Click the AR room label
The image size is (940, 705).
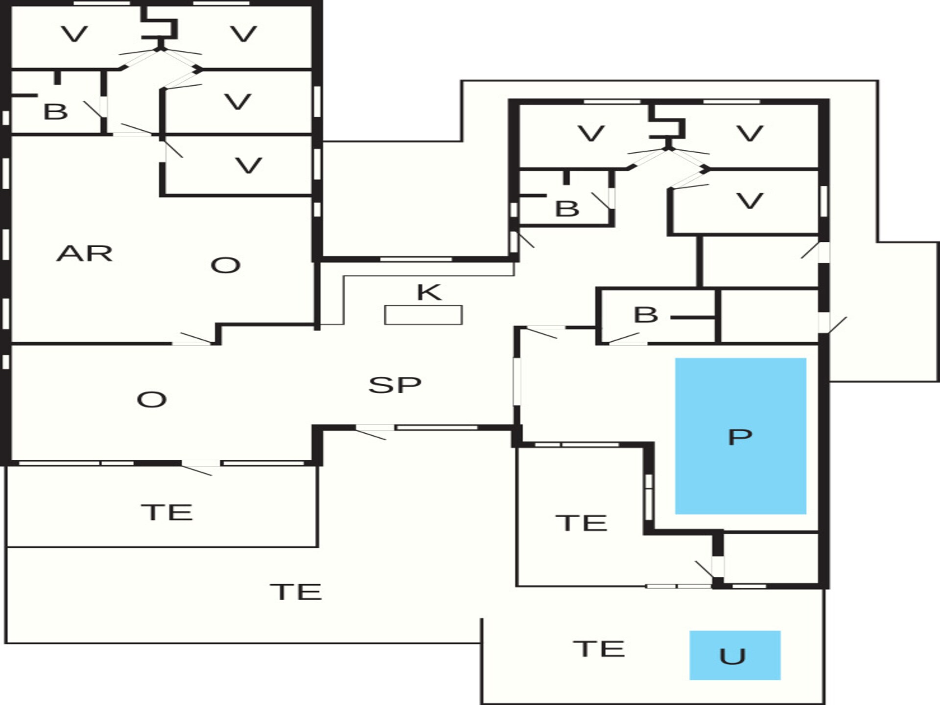(x=85, y=254)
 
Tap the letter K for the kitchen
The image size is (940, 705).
(x=429, y=292)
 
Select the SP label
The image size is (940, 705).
(x=395, y=385)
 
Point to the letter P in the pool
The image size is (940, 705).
(x=740, y=437)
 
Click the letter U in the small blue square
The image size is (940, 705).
(x=732, y=657)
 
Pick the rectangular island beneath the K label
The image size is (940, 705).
(x=423, y=315)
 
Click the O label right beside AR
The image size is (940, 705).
(x=225, y=266)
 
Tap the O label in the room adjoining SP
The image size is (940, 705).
(x=152, y=400)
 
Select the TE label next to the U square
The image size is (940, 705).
(x=599, y=649)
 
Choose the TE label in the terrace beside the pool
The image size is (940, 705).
(x=582, y=523)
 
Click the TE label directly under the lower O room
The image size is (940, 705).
(x=167, y=513)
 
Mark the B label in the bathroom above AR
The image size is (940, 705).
(x=55, y=112)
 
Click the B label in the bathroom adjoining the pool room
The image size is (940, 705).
(x=646, y=315)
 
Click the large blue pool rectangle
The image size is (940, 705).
(x=741, y=436)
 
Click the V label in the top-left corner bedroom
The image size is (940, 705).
(x=74, y=34)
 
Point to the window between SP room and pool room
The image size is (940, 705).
(x=517, y=381)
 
